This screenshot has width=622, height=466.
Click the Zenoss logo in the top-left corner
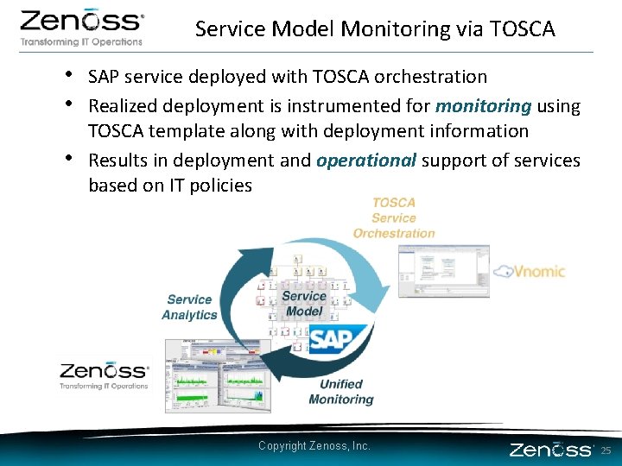click(82, 28)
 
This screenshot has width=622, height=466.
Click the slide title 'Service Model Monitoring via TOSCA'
click(375, 29)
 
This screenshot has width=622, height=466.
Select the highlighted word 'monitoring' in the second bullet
click(483, 106)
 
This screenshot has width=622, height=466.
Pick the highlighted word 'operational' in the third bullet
click(366, 161)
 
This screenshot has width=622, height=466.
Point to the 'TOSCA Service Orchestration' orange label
click(394, 218)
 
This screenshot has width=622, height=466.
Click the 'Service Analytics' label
click(189, 307)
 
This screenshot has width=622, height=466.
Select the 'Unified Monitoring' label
click(341, 392)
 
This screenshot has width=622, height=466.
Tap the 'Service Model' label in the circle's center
click(304, 304)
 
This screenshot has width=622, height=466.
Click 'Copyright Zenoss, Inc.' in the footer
click(314, 445)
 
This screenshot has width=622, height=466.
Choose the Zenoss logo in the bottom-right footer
click(551, 450)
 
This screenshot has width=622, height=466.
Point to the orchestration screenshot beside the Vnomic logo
click(443, 271)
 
